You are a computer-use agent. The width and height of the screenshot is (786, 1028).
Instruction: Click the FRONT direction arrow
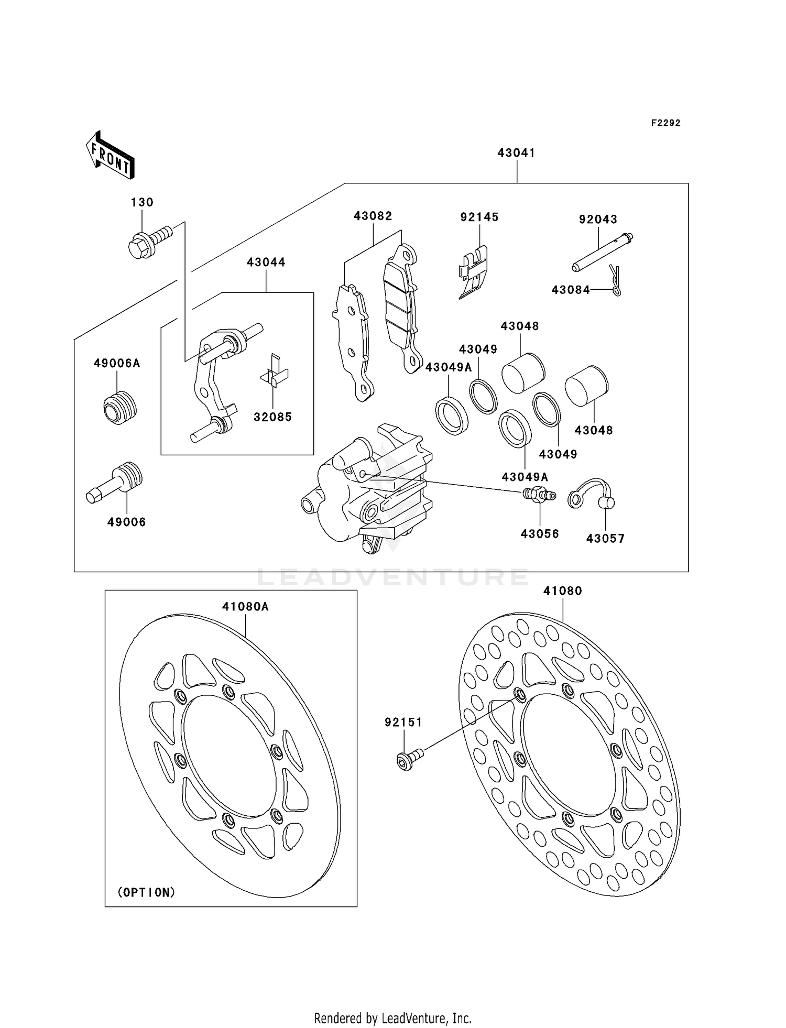coord(111,156)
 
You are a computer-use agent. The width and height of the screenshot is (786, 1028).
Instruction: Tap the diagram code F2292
coord(665,123)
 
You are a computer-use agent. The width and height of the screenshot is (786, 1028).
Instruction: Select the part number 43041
coord(516,153)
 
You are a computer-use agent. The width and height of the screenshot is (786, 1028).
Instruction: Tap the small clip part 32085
coord(275,374)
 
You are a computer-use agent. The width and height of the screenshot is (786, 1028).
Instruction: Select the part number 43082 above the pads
coord(373,216)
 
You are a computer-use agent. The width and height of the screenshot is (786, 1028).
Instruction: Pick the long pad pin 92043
coord(603,252)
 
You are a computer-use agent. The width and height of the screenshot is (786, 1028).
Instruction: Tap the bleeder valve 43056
coord(539,495)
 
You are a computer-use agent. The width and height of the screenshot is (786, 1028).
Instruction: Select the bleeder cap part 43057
coord(592,494)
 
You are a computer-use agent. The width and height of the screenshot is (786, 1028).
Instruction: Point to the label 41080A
coord(245,607)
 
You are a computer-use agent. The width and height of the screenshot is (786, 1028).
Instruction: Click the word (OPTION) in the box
coord(146,892)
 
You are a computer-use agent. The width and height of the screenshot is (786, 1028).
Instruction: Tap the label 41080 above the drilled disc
coord(562,591)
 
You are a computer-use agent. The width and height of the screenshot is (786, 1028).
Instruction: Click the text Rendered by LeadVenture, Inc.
coord(392,1018)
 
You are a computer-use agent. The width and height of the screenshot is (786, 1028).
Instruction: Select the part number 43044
coord(266,263)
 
